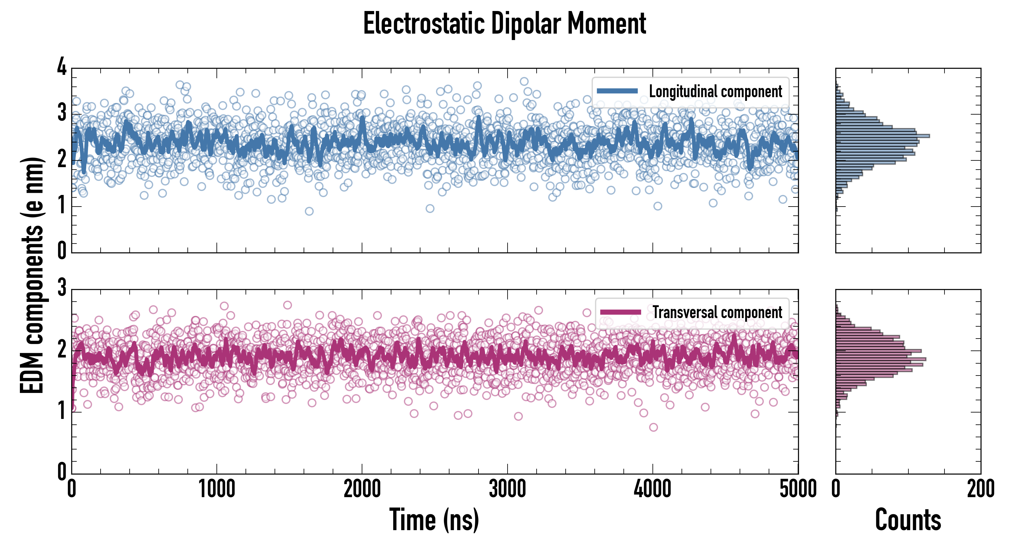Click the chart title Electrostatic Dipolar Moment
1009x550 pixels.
(x=505, y=24)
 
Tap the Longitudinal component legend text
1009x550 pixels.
(x=715, y=92)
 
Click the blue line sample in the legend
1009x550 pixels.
(x=617, y=91)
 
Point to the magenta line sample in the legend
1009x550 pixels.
(x=620, y=312)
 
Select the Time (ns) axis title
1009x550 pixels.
(x=434, y=520)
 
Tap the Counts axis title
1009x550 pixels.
(x=908, y=520)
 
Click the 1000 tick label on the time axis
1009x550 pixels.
(x=216, y=489)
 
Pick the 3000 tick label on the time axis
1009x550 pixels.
(x=507, y=489)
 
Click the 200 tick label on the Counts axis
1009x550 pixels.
(x=980, y=489)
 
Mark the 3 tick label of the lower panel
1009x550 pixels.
(x=62, y=288)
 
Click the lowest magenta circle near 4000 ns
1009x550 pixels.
(x=653, y=427)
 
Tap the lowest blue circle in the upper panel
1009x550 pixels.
(x=309, y=211)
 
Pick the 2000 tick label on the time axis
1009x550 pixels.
(x=362, y=489)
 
